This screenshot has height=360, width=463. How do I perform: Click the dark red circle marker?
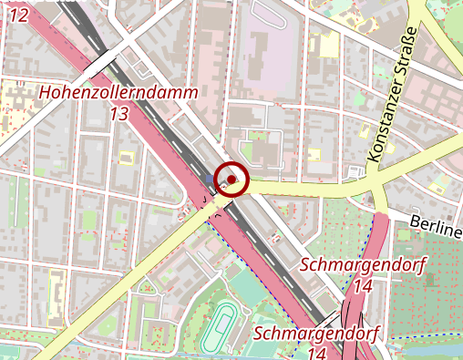pyautogui.click(x=232, y=179)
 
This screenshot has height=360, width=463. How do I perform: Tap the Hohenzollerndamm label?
pyautogui.click(x=118, y=94)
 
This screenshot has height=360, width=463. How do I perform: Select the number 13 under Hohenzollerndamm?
pyautogui.click(x=118, y=114)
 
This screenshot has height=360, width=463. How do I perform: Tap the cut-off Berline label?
pyautogui.click(x=436, y=225)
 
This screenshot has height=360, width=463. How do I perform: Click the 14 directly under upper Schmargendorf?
pyautogui.click(x=362, y=285)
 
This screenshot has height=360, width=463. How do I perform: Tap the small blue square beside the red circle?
pyautogui.click(x=212, y=179)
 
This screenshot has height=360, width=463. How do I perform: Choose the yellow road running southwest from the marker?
pyautogui.click(x=137, y=273)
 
